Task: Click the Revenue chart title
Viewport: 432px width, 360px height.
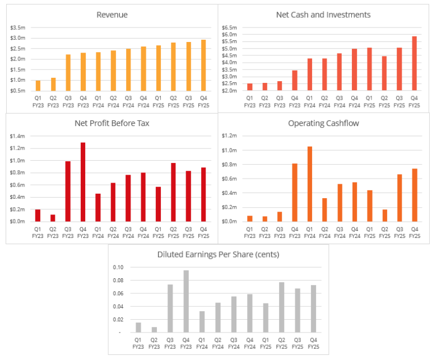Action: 112,15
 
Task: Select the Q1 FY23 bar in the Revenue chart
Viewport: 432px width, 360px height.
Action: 38,86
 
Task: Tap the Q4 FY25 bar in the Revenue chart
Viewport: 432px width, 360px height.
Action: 203,66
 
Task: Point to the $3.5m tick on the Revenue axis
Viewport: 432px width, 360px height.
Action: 17,27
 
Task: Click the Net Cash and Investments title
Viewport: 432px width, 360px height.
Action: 323,15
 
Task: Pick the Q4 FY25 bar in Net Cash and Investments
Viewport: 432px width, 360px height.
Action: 414,63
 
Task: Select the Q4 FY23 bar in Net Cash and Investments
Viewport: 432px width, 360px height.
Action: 294,80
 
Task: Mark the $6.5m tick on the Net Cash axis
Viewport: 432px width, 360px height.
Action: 229,27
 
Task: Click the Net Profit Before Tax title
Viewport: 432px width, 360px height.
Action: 112,123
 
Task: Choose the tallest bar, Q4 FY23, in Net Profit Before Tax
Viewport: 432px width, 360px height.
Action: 83,182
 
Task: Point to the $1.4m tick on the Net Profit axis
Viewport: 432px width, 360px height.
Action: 17,136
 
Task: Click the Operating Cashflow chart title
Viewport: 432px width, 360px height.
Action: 323,123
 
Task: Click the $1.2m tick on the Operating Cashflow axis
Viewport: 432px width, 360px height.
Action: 229,136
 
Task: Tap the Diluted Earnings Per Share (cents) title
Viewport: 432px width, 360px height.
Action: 218,255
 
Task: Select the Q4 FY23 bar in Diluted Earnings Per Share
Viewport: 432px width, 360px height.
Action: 185,301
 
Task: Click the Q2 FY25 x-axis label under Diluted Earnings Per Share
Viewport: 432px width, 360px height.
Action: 281,343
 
